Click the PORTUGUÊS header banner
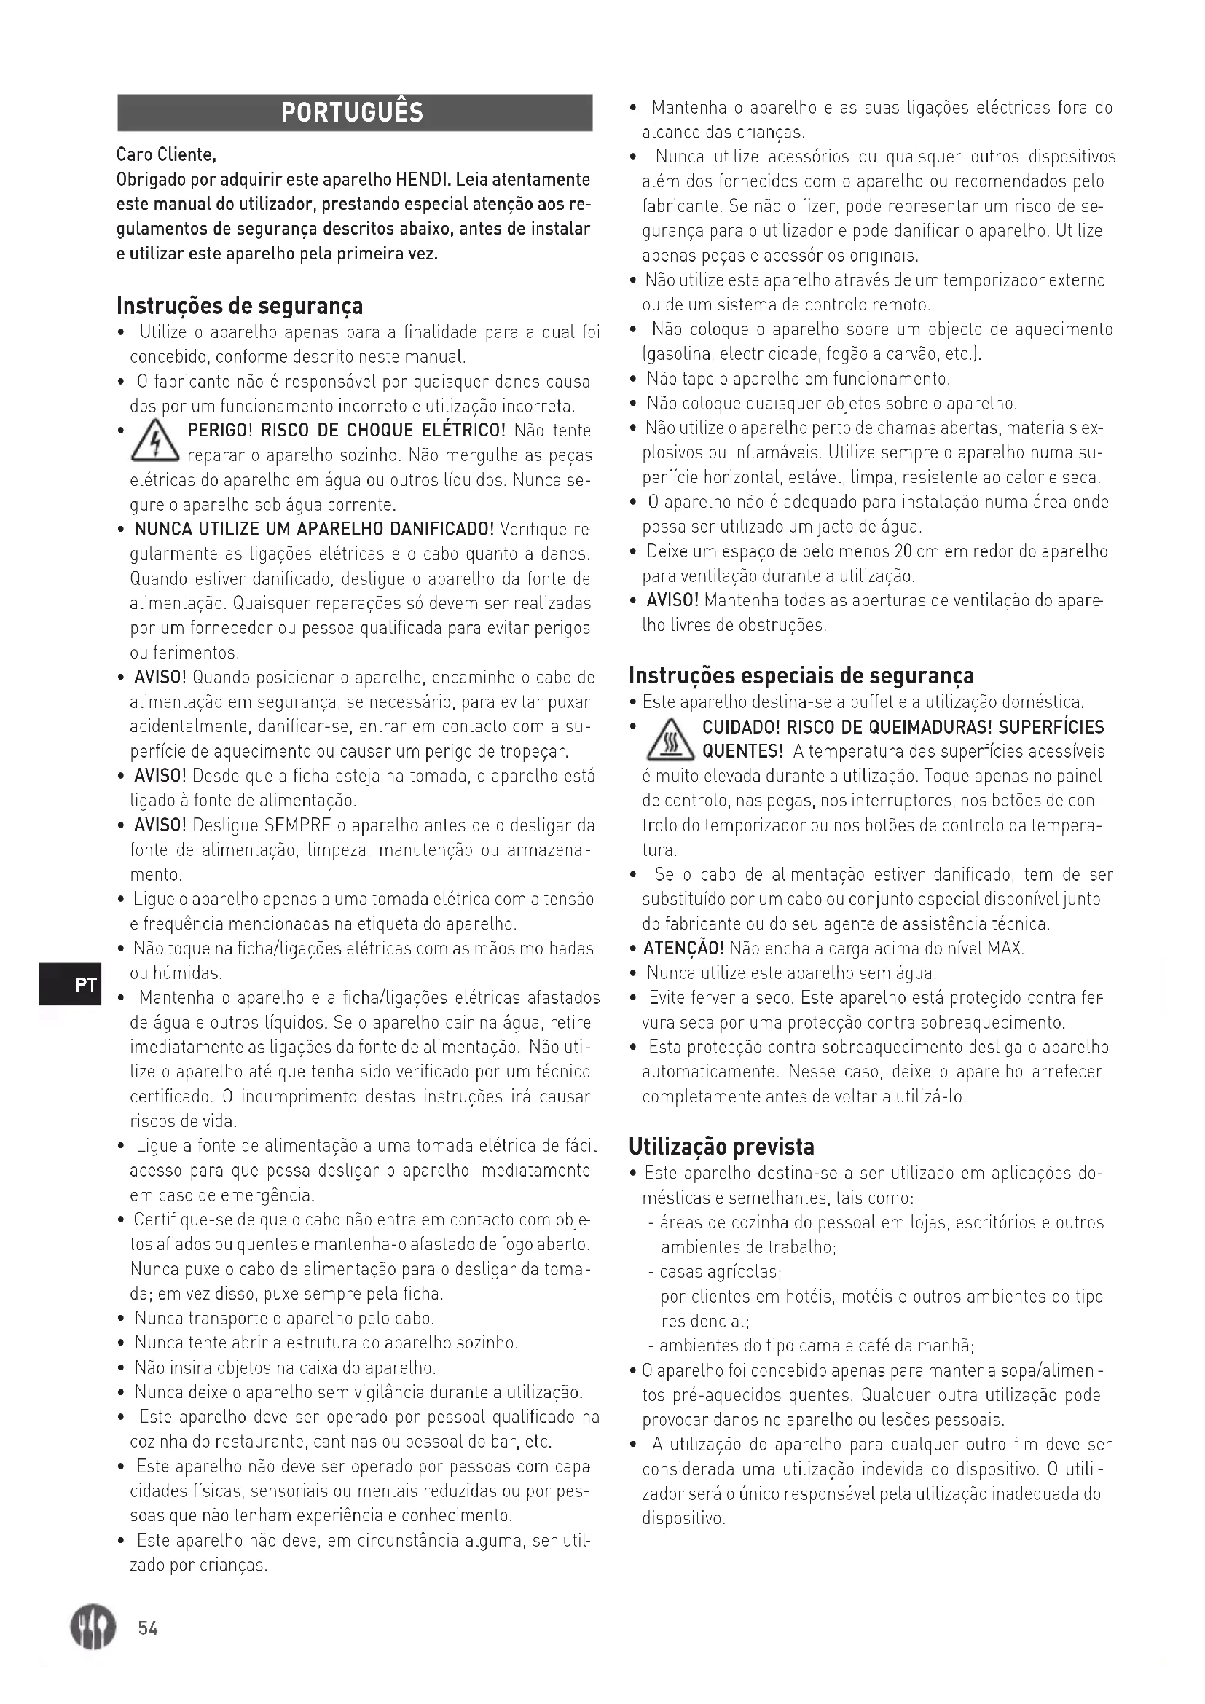355,113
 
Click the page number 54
148,1628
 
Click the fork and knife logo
93,1627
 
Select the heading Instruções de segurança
240,305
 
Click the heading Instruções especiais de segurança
801,675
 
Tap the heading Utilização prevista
721,1147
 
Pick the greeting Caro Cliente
166,155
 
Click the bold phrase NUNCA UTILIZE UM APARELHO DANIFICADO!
314,530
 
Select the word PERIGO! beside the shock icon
221,431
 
